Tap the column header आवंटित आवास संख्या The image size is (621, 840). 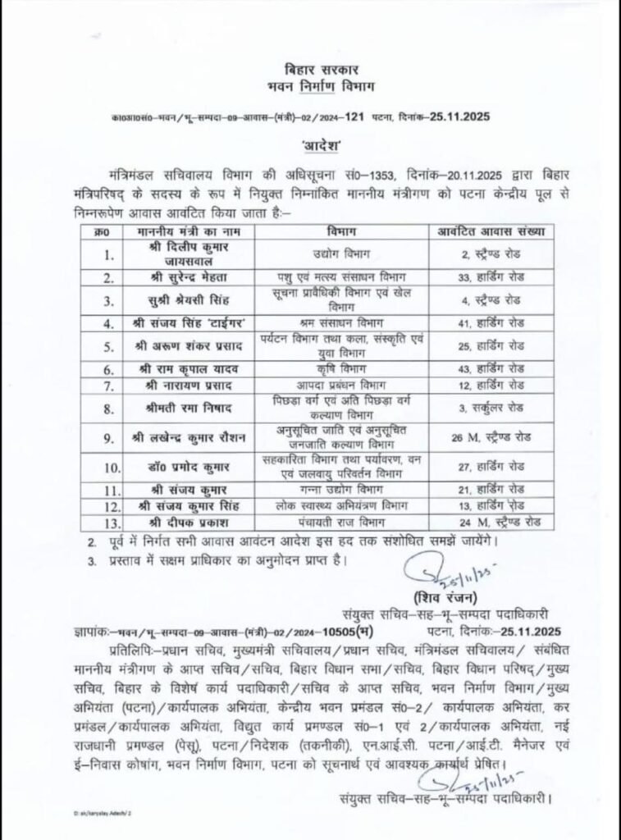click(x=491, y=232)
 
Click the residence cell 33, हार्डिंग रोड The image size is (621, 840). click(x=491, y=276)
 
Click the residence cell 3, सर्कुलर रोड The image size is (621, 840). click(x=491, y=408)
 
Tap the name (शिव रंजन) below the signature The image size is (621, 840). click(x=440, y=596)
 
